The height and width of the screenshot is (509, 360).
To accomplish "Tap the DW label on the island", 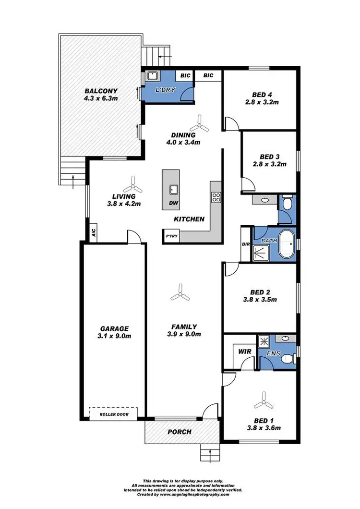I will point(173,203).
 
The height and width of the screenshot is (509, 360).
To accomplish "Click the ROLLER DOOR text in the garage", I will point(113,414).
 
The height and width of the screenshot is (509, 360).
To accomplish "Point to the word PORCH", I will point(179,432).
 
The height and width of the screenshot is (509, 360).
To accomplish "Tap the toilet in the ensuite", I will point(287,358).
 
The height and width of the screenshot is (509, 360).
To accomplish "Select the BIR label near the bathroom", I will point(246,244).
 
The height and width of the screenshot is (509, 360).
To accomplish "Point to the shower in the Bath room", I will point(262,250).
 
